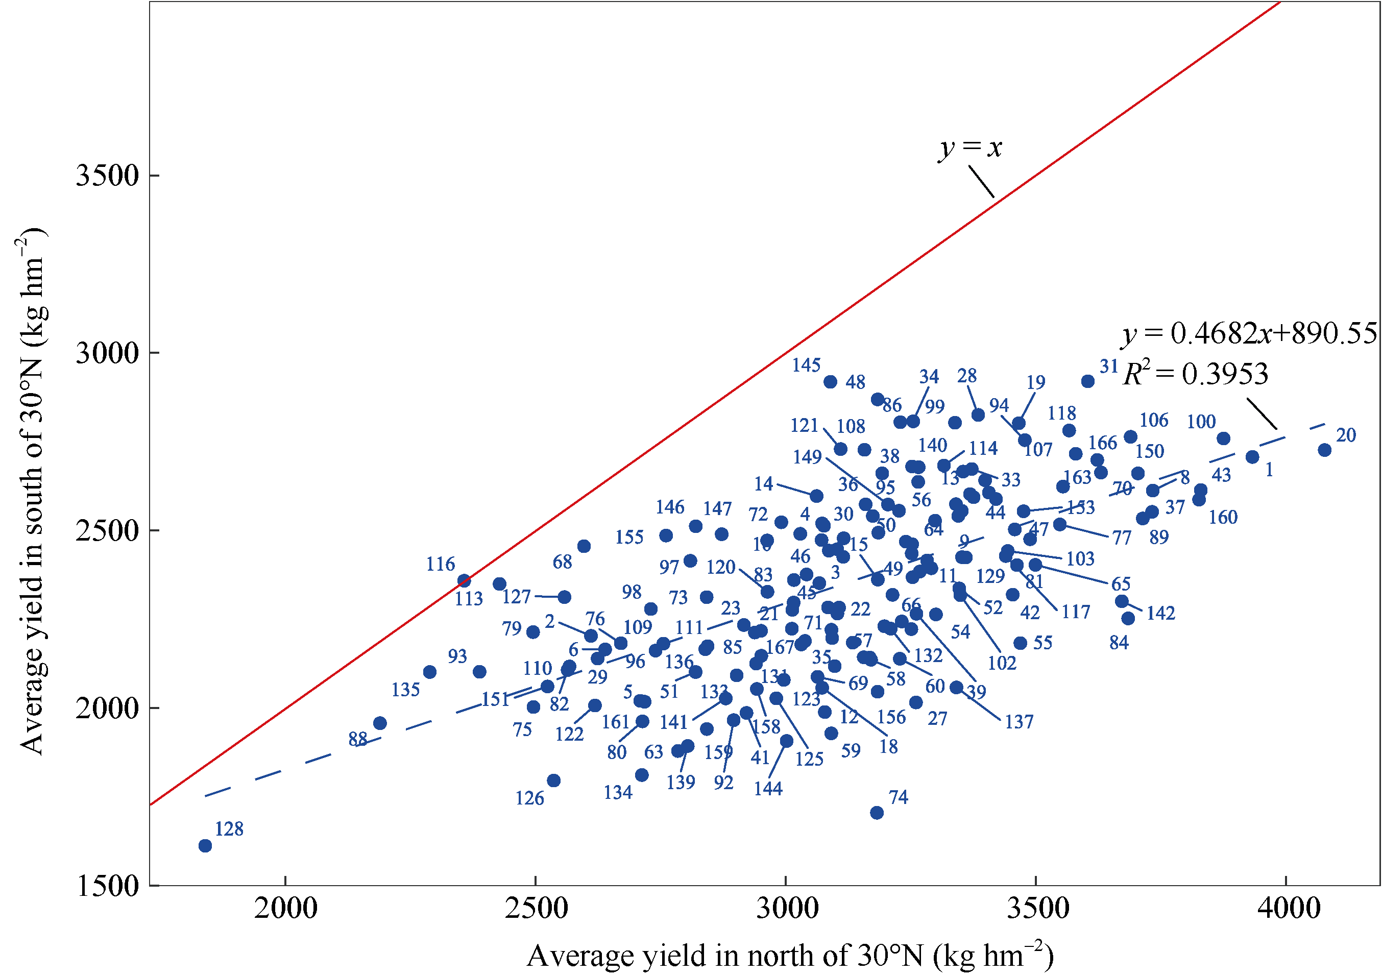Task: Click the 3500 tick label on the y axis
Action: pyautogui.click(x=107, y=176)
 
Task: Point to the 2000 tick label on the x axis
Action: pyautogui.click(x=285, y=908)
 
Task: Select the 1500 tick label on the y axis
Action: pyautogui.click(x=107, y=886)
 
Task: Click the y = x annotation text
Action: pyautogui.click(x=971, y=148)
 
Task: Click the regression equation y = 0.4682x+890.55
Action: pyautogui.click(x=1249, y=333)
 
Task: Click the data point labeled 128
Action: pyautogui.click(x=205, y=846)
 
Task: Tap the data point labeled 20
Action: pyautogui.click(x=1325, y=450)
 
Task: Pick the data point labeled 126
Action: pyautogui.click(x=554, y=780)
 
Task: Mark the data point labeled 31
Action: pyautogui.click(x=1087, y=381)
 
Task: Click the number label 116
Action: pyautogui.click(x=441, y=565)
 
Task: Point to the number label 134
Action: pyautogui.click(x=618, y=792)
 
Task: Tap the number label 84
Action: pyautogui.click(x=1119, y=643)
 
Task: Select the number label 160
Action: pyautogui.click(x=1223, y=517)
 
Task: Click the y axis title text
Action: pyautogui.click(x=31, y=491)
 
